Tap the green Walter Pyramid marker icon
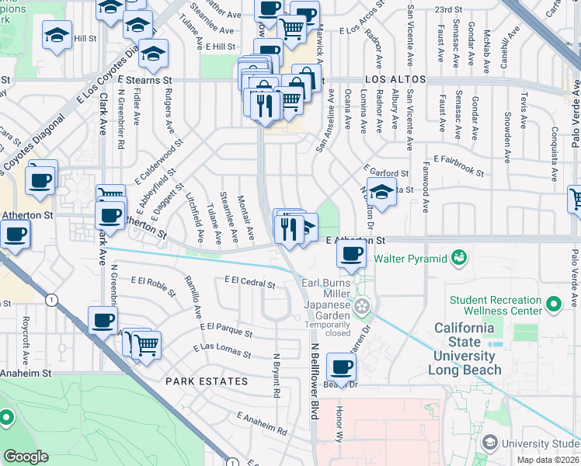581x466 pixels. point(458,256)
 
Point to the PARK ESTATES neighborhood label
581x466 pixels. point(207,381)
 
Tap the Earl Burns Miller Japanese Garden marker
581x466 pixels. point(360,308)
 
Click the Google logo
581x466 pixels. point(26,457)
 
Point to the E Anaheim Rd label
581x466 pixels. point(262,423)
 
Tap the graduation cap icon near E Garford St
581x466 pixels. point(381,192)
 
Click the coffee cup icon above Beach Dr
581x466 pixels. point(341,366)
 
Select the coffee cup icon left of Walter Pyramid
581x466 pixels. point(352,252)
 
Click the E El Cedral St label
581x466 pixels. point(249,282)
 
